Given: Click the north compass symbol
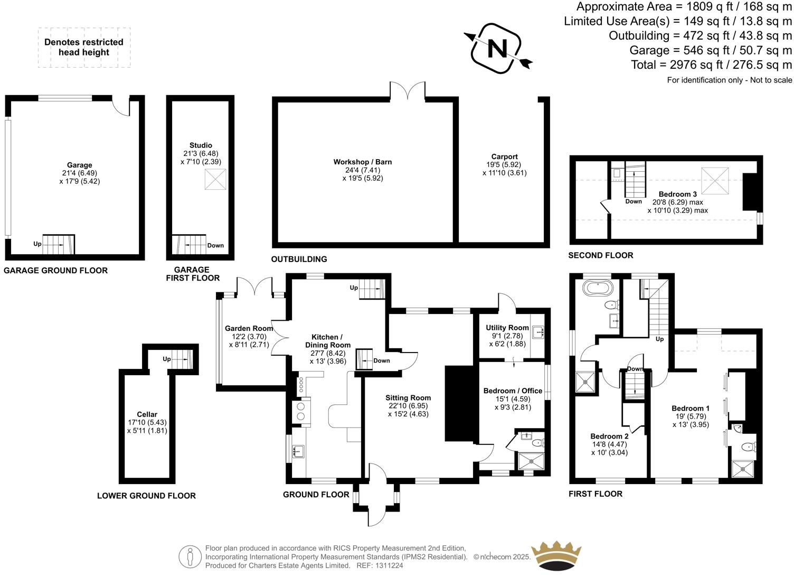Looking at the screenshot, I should [x=497, y=48].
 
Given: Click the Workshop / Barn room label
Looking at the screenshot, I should [x=362, y=162].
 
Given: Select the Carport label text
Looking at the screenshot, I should [x=504, y=156].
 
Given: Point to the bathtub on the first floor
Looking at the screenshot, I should [x=598, y=289].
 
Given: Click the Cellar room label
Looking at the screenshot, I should [x=147, y=414].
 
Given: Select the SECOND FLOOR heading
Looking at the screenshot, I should [x=600, y=255].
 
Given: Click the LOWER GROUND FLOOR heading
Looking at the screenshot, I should [x=146, y=496].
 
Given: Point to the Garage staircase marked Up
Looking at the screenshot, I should [x=58, y=244].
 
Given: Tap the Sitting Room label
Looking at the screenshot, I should [x=408, y=398].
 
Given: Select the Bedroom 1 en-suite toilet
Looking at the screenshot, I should [x=749, y=447].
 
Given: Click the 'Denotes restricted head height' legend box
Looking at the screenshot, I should [x=84, y=47].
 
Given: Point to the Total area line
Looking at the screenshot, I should [x=711, y=64].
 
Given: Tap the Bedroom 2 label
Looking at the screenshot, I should [x=609, y=436].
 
